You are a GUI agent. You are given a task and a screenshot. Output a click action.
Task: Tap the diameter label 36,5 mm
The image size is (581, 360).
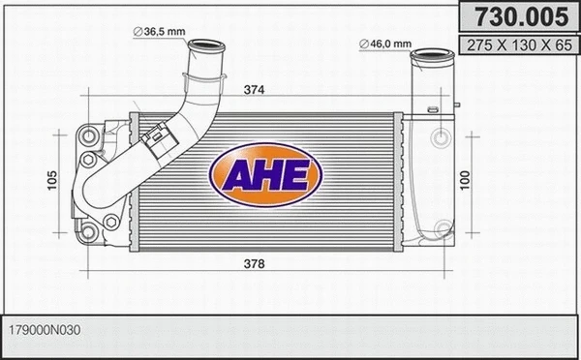(164, 32)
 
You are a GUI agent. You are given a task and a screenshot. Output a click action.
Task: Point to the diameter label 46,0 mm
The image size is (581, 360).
(390, 44)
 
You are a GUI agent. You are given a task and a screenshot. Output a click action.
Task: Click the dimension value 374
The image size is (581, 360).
(255, 90)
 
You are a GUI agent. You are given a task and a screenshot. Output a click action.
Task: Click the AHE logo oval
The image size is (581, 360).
(259, 174)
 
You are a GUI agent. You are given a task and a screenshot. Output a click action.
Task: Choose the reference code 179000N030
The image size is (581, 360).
(46, 330)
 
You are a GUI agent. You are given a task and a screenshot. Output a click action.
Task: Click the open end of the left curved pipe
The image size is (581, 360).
(206, 46)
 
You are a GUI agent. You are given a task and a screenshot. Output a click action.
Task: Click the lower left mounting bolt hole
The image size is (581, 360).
(88, 229)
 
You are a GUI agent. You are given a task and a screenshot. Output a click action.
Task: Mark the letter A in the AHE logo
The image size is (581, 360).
(235, 176)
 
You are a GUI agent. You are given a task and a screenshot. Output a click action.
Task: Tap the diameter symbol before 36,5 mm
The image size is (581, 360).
(138, 32)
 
